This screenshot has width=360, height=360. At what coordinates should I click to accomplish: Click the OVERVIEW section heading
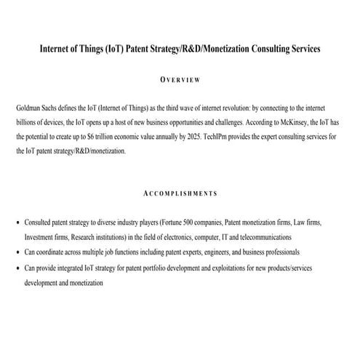tap(179, 79)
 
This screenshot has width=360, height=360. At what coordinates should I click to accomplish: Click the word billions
tap(28, 121)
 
